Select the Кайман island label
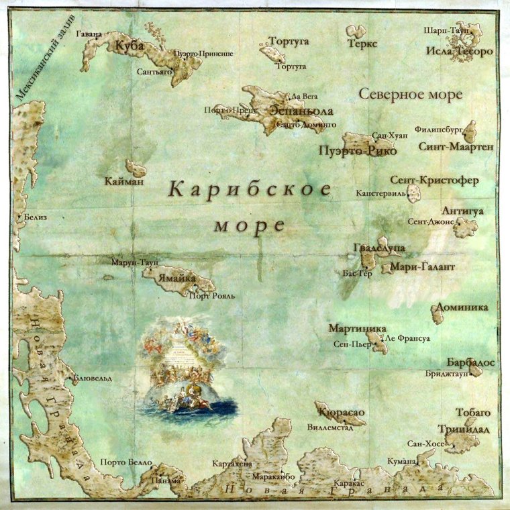pyautogui.click(x=125, y=181)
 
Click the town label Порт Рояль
pyautogui.click(x=210, y=295)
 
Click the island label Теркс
pyautogui.click(x=363, y=44)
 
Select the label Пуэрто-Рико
pyautogui.click(x=357, y=151)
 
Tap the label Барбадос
pyautogui.click(x=470, y=362)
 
